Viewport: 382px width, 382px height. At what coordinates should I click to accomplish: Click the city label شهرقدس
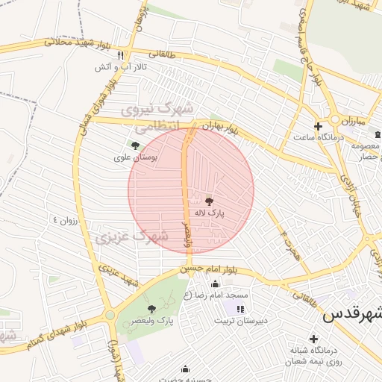pyautogui.click(x=351, y=315)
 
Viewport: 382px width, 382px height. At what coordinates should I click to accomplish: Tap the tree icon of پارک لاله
pyautogui.click(x=208, y=201)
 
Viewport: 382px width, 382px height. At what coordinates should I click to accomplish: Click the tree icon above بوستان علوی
pyautogui.click(x=135, y=146)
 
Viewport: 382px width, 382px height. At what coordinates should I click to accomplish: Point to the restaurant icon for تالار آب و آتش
pyautogui.click(x=120, y=55)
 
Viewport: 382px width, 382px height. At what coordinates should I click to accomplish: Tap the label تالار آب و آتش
pyautogui.click(x=119, y=67)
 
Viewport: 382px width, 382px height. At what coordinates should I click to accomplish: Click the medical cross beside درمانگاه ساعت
pyautogui.click(x=318, y=126)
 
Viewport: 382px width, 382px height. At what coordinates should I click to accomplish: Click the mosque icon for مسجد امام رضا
pyautogui.click(x=216, y=284)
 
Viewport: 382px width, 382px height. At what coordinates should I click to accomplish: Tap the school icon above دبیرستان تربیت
pyautogui.click(x=239, y=309)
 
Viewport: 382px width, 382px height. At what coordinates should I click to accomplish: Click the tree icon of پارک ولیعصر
pyautogui.click(x=152, y=308)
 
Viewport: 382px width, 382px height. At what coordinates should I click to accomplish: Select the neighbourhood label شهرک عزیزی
pyautogui.click(x=131, y=237)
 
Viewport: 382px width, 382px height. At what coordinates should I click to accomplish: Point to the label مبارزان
pyautogui.click(x=349, y=120)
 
